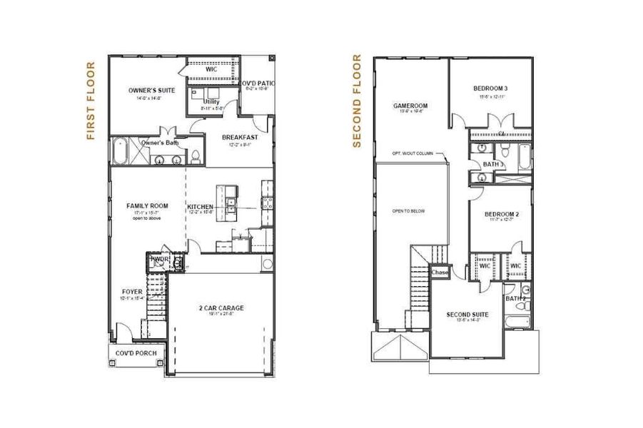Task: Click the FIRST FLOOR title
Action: (91, 101)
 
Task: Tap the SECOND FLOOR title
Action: (358, 101)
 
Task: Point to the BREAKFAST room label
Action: (239, 137)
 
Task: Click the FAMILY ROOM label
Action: (148, 206)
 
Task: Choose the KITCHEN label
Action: (201, 208)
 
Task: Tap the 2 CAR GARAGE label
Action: (221, 308)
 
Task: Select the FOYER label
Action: (132, 292)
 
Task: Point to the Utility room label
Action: (211, 102)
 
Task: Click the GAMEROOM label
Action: (410, 106)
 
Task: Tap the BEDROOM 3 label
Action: (490, 88)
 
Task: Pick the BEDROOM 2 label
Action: (501, 214)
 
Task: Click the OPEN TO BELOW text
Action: (408, 211)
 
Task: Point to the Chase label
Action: (440, 272)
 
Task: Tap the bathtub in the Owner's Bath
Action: (120, 151)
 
